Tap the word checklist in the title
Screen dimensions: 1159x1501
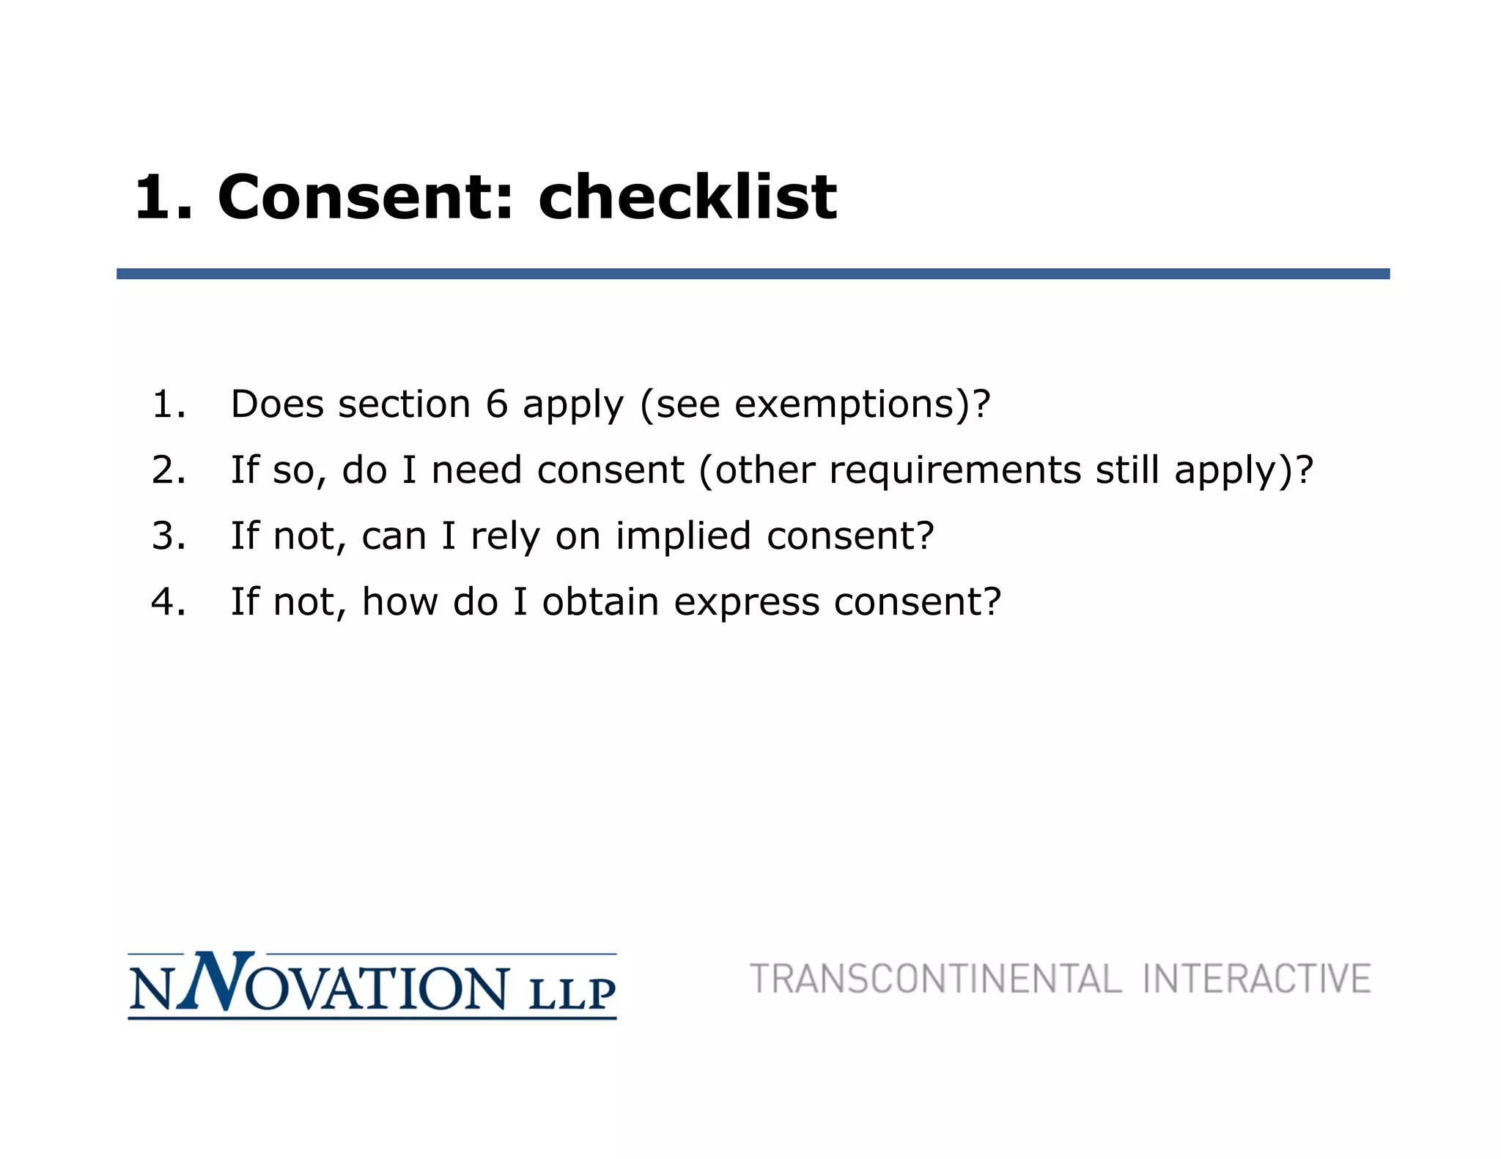pos(687,197)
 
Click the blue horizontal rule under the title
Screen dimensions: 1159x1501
pos(753,274)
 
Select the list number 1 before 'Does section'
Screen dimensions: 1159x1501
pos(168,404)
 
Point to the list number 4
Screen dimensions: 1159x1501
pos(168,602)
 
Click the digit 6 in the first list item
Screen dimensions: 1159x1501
pos(496,404)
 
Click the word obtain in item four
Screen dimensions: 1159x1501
pos(600,602)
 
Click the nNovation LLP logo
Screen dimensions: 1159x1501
pos(372,986)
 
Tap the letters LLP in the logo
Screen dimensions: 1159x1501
pos(572,993)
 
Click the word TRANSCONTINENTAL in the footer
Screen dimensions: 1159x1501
pos(935,980)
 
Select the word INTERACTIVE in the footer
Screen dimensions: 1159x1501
pos(1256,980)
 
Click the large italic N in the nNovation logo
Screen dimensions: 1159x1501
pos(210,982)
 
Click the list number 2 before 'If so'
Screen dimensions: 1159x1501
pos(168,470)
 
